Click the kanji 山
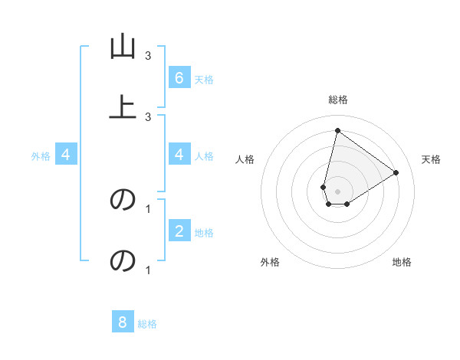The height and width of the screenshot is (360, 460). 122,47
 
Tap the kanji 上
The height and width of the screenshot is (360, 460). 122,106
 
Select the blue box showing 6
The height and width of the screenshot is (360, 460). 179,77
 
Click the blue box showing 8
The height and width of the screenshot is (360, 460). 123,322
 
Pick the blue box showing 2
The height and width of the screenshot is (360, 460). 179,231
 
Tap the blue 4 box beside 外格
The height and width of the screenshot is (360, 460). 66,155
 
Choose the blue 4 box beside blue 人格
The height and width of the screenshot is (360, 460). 179,155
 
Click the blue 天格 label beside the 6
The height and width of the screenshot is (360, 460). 204,79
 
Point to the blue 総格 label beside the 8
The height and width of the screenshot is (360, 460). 147,323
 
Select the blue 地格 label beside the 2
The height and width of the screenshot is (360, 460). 204,232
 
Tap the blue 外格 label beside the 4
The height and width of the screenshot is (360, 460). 41,156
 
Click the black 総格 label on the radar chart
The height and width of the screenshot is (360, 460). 338,100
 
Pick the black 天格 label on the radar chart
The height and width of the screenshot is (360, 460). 432,159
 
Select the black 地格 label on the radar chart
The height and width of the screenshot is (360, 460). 402,262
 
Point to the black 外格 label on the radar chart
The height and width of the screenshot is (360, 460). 270,262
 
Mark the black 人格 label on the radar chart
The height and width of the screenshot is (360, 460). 245,159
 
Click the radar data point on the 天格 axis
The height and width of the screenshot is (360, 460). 396,172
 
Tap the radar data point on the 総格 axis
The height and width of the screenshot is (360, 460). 337,130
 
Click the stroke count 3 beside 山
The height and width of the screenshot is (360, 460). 148,56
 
